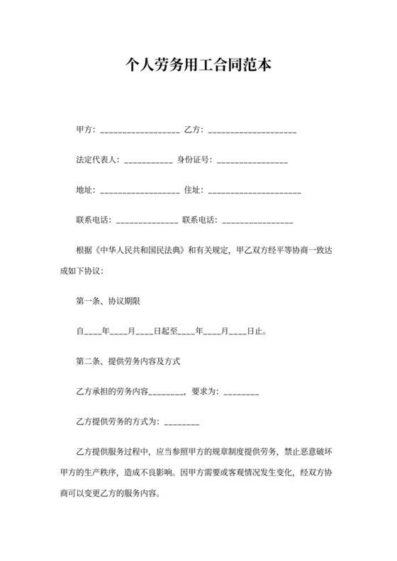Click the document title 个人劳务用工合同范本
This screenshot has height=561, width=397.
coord(198,65)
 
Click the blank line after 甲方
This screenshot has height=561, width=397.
coord(140,132)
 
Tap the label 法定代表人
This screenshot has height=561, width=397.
coord(99,160)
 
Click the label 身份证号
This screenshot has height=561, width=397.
coord(194,160)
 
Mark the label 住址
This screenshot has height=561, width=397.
coord(194,190)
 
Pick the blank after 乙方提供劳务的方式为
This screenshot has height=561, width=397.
coord(181,423)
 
